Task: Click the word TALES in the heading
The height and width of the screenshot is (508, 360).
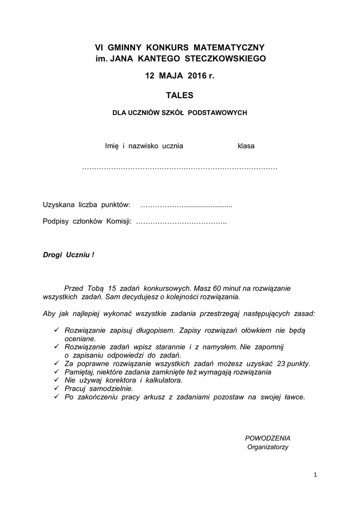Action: pyautogui.click(x=179, y=95)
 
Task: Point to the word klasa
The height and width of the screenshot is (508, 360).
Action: pyautogui.click(x=246, y=146)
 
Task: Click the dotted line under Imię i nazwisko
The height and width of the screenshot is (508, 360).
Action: pyautogui.click(x=179, y=169)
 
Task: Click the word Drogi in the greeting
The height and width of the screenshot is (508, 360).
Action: pyautogui.click(x=53, y=255)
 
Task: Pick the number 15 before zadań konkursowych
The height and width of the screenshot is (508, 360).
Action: pyautogui.click(x=111, y=288)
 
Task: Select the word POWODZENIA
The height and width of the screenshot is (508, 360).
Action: pyautogui.click(x=268, y=438)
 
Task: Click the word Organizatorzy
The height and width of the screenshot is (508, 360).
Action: pyautogui.click(x=268, y=447)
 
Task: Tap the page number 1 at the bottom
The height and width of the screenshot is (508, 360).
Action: pyautogui.click(x=315, y=475)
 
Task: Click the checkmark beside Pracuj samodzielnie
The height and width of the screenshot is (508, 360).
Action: pyautogui.click(x=57, y=388)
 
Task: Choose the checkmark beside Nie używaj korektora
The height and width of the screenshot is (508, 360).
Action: pyautogui.click(x=57, y=380)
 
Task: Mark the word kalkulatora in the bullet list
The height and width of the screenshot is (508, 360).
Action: pyautogui.click(x=161, y=381)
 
